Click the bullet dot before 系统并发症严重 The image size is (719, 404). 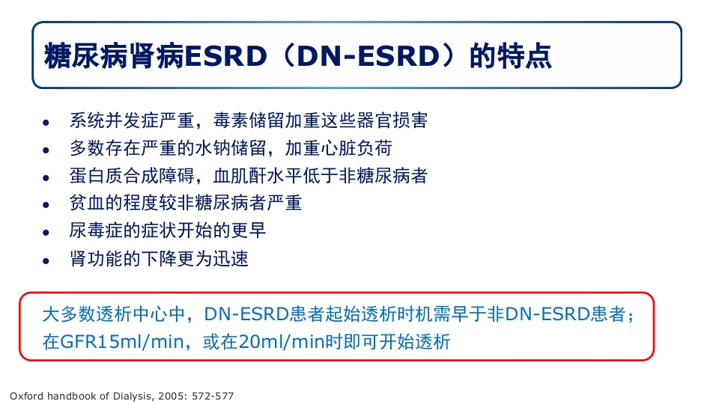coord(46,122)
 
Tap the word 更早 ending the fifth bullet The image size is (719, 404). coord(248,230)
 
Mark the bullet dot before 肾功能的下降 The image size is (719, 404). coord(46,260)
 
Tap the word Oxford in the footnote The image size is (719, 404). coord(27,394)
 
